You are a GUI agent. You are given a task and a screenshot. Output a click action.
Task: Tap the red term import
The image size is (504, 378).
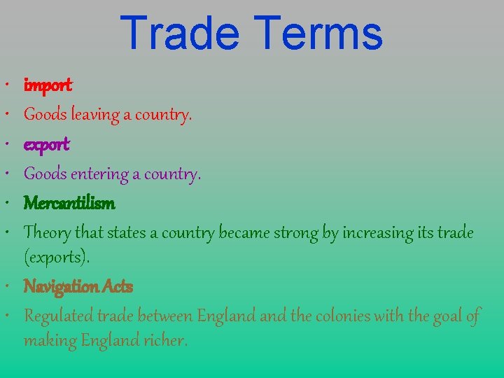pyautogui.click(x=48, y=85)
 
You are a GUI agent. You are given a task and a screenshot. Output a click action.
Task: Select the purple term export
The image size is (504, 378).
pyautogui.click(x=47, y=145)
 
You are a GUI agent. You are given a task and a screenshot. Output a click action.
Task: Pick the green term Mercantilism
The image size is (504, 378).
pyautogui.click(x=69, y=203)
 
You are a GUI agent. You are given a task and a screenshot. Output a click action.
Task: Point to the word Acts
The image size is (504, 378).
pyautogui.click(x=117, y=286)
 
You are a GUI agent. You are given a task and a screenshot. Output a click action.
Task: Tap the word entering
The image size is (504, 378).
pyautogui.click(x=98, y=174)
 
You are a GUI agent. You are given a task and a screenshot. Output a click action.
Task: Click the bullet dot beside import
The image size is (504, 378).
pyautogui.click(x=15, y=85)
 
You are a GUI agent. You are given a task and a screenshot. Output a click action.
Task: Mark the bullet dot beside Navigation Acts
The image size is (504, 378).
pyautogui.click(x=15, y=286)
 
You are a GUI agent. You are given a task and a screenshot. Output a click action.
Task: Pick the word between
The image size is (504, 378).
pyautogui.click(x=167, y=316)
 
